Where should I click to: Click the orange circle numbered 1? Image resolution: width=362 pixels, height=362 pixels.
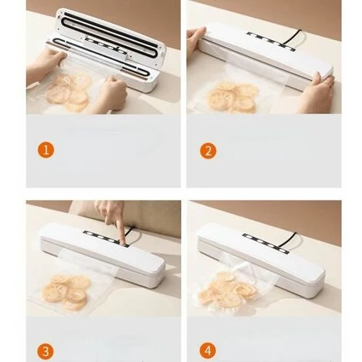(46, 149)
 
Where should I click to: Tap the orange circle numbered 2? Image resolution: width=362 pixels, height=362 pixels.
(208, 151)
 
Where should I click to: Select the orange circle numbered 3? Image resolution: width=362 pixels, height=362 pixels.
(46, 351)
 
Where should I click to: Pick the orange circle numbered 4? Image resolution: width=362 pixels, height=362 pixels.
(208, 350)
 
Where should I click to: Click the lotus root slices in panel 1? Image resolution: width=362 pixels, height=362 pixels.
(69, 91)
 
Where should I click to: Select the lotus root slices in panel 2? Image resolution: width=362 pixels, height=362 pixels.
(232, 97)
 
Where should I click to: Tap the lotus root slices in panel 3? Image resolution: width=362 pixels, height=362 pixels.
(65, 291)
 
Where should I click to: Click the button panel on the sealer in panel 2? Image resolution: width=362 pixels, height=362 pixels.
(271, 41)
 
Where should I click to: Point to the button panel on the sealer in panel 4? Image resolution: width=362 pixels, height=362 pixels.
(266, 243)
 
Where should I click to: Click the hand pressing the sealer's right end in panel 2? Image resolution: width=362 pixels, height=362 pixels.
(316, 94)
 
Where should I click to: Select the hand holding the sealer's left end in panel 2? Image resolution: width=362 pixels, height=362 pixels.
(196, 39)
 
